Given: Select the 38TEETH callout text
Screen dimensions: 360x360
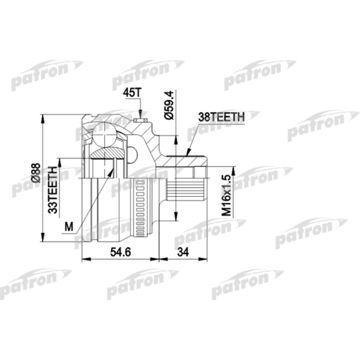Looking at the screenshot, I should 220,117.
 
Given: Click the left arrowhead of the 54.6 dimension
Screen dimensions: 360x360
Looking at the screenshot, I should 84,259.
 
